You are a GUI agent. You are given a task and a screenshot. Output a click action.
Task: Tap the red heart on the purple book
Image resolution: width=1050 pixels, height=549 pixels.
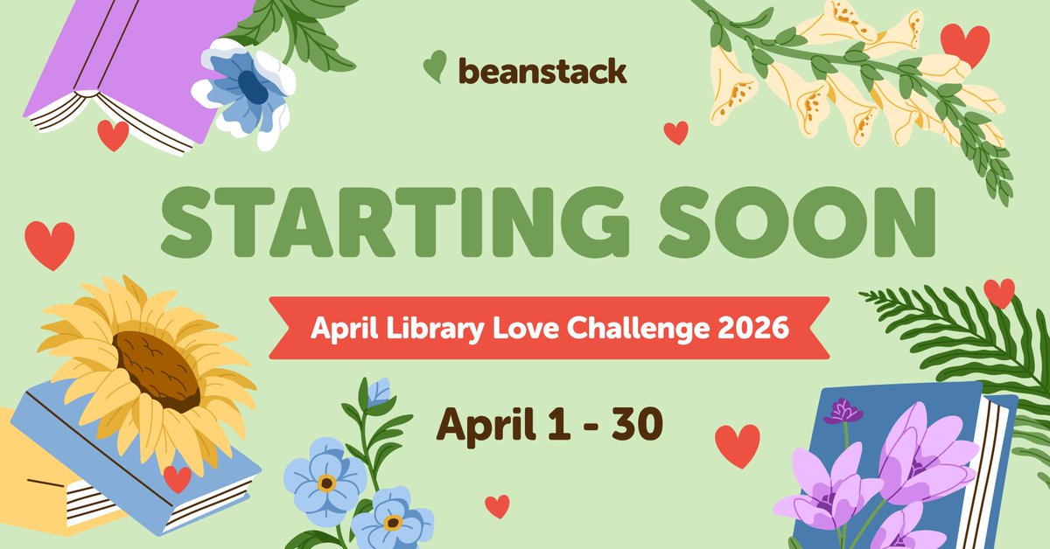point(112,135)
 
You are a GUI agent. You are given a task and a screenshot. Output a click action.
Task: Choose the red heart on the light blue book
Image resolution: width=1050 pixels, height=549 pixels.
point(177,478)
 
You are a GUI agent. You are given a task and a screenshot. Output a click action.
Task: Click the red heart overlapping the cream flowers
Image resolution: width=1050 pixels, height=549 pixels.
point(964,44)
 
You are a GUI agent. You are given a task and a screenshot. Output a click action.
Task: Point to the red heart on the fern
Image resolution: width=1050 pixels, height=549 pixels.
point(999,292)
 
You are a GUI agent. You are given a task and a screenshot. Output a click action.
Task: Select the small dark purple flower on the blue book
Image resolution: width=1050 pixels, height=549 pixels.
point(843,410)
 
